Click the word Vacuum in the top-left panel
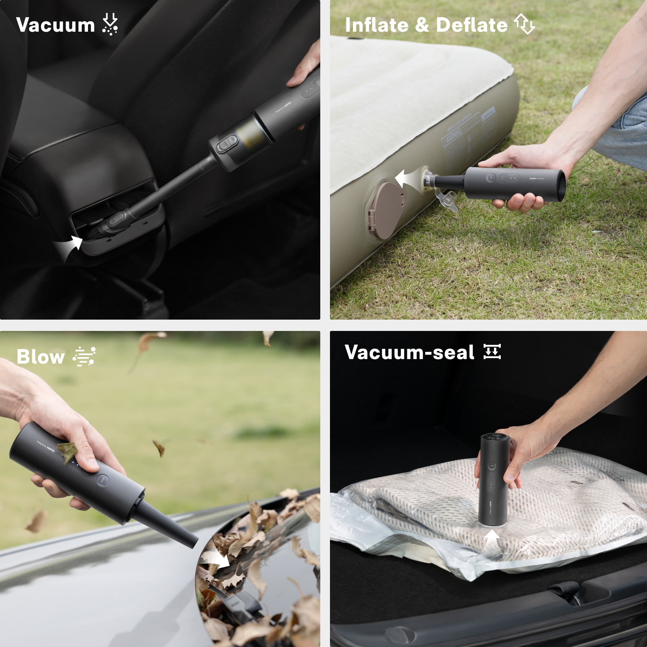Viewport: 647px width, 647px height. point(56,26)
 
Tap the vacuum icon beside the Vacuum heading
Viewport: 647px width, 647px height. point(110,25)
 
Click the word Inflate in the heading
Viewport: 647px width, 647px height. point(377,26)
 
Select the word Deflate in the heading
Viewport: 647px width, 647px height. point(472,26)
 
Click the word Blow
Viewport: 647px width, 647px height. point(40,357)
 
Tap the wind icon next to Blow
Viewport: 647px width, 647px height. point(84,356)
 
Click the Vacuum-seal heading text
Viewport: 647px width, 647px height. point(409,353)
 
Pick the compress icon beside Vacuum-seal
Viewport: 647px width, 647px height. point(492,352)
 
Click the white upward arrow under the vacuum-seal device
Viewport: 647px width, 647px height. point(491,542)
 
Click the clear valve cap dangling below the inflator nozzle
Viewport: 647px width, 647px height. point(448,201)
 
